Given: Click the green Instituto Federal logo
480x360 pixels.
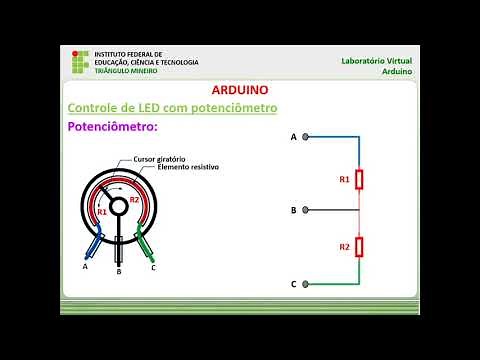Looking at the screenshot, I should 79,62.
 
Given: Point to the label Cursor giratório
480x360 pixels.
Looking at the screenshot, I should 157,158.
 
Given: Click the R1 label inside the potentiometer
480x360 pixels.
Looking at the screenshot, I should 101,212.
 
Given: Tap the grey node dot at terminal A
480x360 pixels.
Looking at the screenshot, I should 305,136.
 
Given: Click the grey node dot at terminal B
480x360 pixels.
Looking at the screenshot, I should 305,210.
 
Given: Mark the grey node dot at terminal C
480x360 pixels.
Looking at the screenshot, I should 305,284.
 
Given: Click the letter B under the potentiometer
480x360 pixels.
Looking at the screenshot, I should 119,271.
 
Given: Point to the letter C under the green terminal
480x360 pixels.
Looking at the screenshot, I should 153,267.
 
